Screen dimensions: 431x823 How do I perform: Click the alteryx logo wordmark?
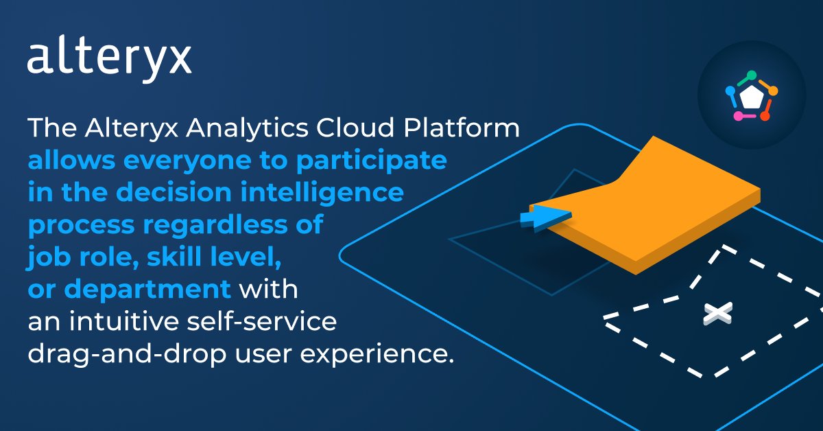click(x=109, y=60)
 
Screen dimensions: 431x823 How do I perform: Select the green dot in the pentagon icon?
click(x=752, y=74)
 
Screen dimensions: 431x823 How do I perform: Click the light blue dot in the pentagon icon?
click(x=730, y=89)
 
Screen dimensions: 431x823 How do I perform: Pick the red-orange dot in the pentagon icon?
click(x=765, y=116)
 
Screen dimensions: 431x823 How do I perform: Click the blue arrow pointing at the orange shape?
click(x=545, y=218)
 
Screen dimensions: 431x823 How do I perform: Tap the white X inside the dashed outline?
click(x=717, y=314)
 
